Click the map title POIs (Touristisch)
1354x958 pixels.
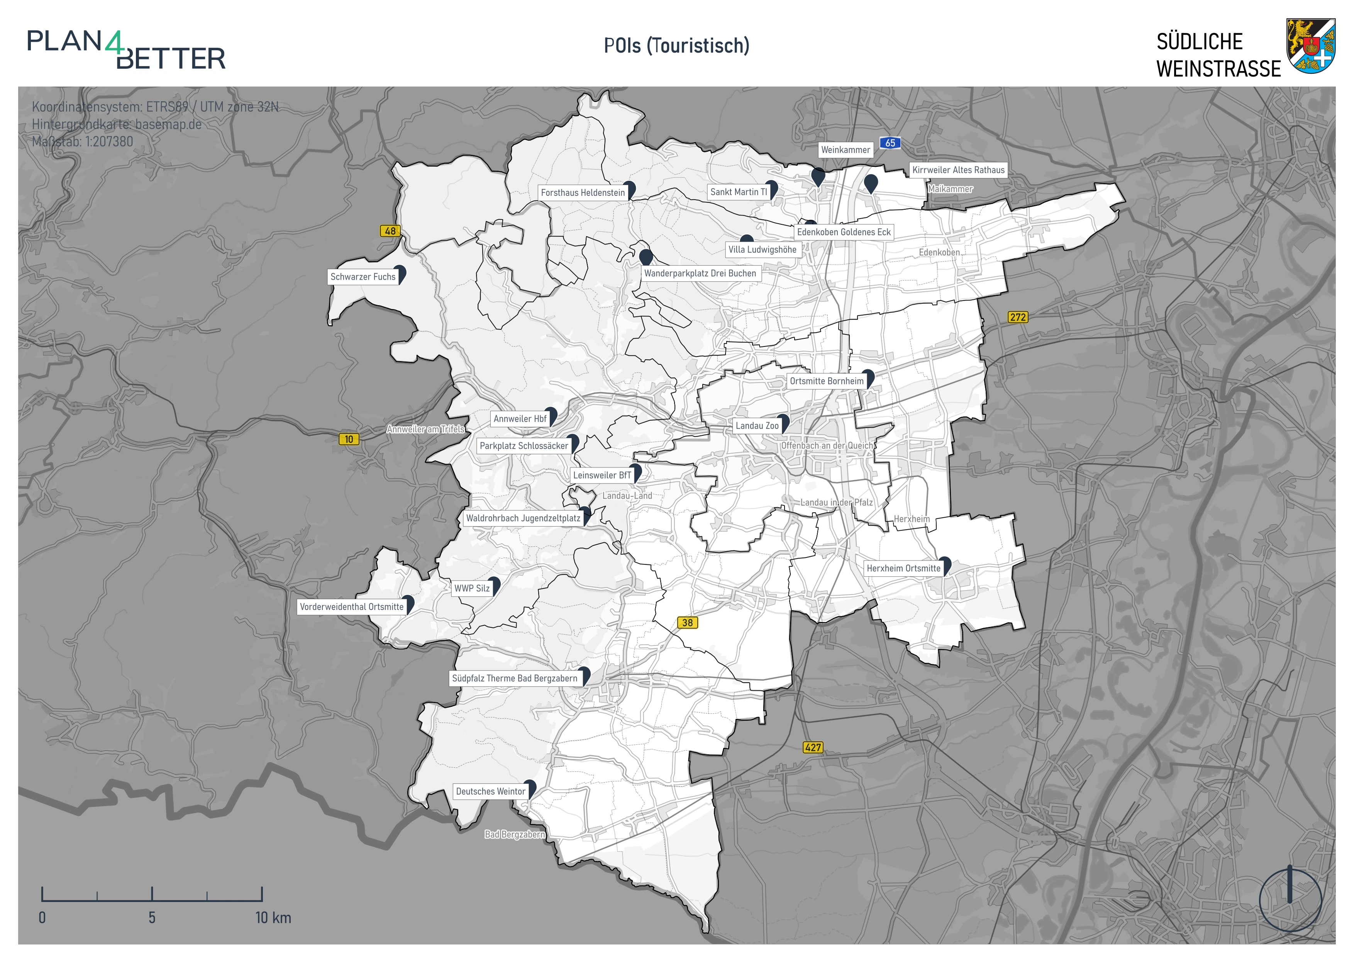click(x=676, y=46)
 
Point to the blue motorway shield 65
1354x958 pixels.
click(x=890, y=143)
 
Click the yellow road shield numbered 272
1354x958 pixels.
click(x=1018, y=318)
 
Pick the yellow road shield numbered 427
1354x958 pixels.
click(x=813, y=747)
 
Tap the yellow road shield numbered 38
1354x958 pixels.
click(x=687, y=622)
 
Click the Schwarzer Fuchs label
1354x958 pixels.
click(x=363, y=277)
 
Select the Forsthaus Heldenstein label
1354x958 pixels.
click(x=583, y=192)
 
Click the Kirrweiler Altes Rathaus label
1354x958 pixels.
click(x=958, y=170)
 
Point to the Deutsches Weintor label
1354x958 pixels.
click(x=491, y=791)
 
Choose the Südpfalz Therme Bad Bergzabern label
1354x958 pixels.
click(x=515, y=678)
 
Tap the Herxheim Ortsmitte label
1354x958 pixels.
click(x=903, y=568)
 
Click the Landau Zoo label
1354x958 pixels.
click(x=757, y=425)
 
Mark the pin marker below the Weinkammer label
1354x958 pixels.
click(x=818, y=176)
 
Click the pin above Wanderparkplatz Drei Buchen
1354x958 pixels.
click(x=646, y=256)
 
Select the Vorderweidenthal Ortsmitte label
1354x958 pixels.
click(x=351, y=606)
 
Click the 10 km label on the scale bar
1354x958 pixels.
click(x=273, y=917)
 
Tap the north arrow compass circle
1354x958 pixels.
click(x=1290, y=900)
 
